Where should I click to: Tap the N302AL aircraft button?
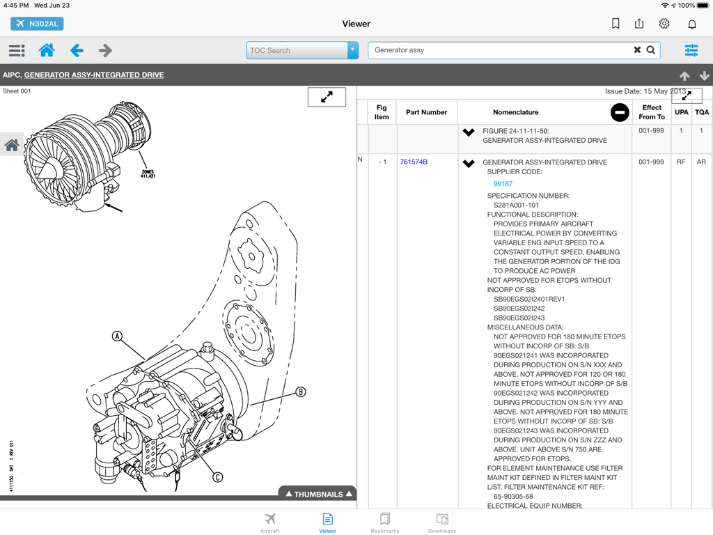click(x=37, y=24)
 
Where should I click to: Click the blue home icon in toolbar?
click(x=47, y=50)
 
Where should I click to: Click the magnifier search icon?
click(x=651, y=50)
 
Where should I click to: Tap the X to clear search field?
click(x=636, y=50)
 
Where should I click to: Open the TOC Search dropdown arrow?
click(x=352, y=50)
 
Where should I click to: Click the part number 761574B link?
click(x=414, y=162)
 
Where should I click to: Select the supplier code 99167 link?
click(x=503, y=184)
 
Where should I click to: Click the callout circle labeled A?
click(x=118, y=336)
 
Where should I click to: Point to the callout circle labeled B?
click(x=301, y=391)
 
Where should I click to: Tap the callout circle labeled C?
click(x=217, y=477)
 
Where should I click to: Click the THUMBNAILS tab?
click(x=318, y=494)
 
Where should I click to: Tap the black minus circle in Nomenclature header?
click(x=619, y=112)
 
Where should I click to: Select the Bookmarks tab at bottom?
click(x=384, y=522)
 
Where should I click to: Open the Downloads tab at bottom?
click(x=441, y=522)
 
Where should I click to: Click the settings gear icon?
click(x=664, y=24)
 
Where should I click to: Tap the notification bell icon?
click(x=692, y=24)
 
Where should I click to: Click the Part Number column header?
click(x=426, y=112)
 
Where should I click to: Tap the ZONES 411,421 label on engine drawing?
click(x=148, y=173)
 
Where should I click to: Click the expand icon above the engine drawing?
click(x=327, y=98)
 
